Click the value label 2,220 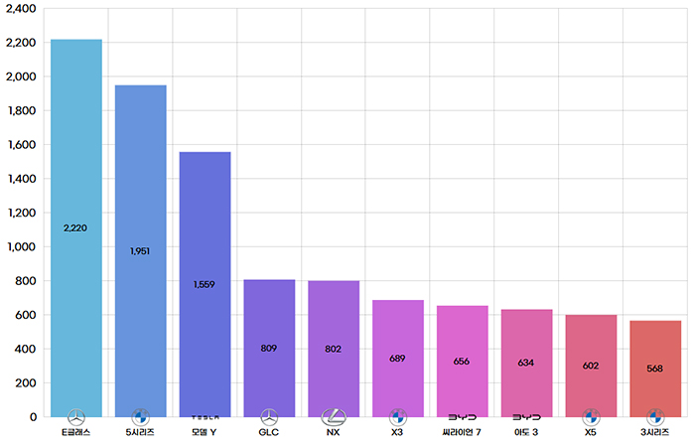coord(75,227)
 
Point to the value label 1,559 coord(205,284)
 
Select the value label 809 coord(269,349)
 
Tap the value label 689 coord(397,358)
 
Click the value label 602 coord(591,366)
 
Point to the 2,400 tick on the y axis coord(21,8)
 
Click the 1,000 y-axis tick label coord(21,246)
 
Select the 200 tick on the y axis coord(25,382)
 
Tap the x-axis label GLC coord(269,433)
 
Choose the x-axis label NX coord(333,433)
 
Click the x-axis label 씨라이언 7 coord(462,433)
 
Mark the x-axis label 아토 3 coord(526,433)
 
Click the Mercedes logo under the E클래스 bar coord(75,417)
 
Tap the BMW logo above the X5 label coord(591,417)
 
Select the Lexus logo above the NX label coord(333,417)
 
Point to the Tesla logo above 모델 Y coord(205,417)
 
